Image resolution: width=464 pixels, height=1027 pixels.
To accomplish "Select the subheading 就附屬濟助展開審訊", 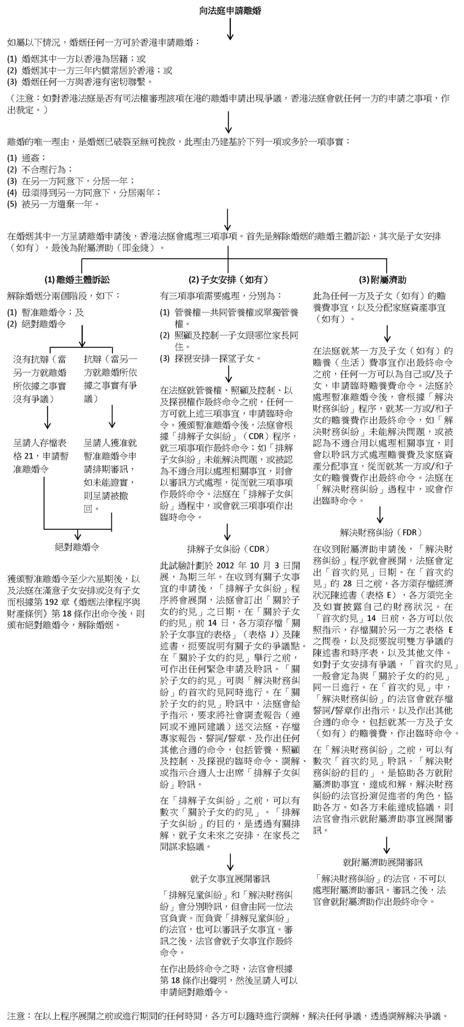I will [383, 862].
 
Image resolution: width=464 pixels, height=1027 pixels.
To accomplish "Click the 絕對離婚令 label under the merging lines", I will [77, 545].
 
